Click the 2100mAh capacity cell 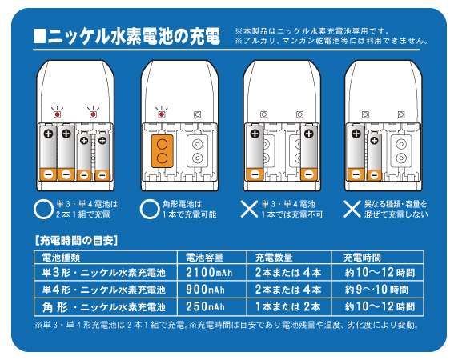[209, 273]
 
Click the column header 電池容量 [204, 258]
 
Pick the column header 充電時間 [362, 258]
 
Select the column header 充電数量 [274, 258]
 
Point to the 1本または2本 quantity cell [288, 306]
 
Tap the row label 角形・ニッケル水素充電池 [104, 307]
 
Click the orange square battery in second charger [162, 151]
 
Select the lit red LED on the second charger [162, 114]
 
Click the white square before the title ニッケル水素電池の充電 [39, 36]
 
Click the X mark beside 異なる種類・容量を [352, 209]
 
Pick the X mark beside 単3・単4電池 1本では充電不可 [249, 209]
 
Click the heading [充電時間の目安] [77, 241]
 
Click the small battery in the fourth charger [374, 157]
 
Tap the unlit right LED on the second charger [198, 114]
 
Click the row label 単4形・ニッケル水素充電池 [104, 290]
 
